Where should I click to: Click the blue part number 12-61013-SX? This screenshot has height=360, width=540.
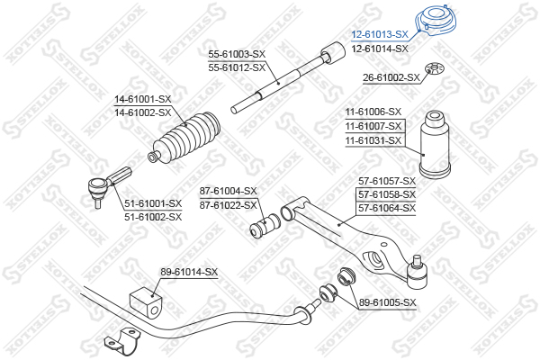pos(380,34)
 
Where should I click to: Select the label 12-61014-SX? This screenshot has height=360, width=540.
pos(380,49)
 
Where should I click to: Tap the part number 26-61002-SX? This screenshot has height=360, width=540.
pos(391,78)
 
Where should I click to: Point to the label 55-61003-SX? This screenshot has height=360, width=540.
pos(237,54)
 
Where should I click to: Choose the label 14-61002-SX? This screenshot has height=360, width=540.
pos(142,112)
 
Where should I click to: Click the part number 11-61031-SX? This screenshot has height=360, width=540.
pos(373,140)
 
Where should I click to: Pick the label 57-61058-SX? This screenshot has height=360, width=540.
pos(387,194)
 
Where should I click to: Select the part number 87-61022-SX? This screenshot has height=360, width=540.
pos(229,205)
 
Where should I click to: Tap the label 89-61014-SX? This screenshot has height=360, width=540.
pos(189,272)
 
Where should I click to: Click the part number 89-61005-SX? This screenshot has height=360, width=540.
pos(388,302)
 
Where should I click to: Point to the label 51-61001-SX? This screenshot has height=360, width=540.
pos(153,203)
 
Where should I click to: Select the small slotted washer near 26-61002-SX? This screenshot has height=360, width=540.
pos(435,67)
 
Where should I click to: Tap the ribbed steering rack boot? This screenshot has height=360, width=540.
pos(184,137)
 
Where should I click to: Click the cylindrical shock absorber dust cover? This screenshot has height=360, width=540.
pos(435,144)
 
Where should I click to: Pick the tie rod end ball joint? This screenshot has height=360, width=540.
pos(103,186)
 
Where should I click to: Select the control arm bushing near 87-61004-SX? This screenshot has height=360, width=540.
pos(265,225)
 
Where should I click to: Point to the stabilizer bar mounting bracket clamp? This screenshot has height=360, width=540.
pos(123,341)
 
